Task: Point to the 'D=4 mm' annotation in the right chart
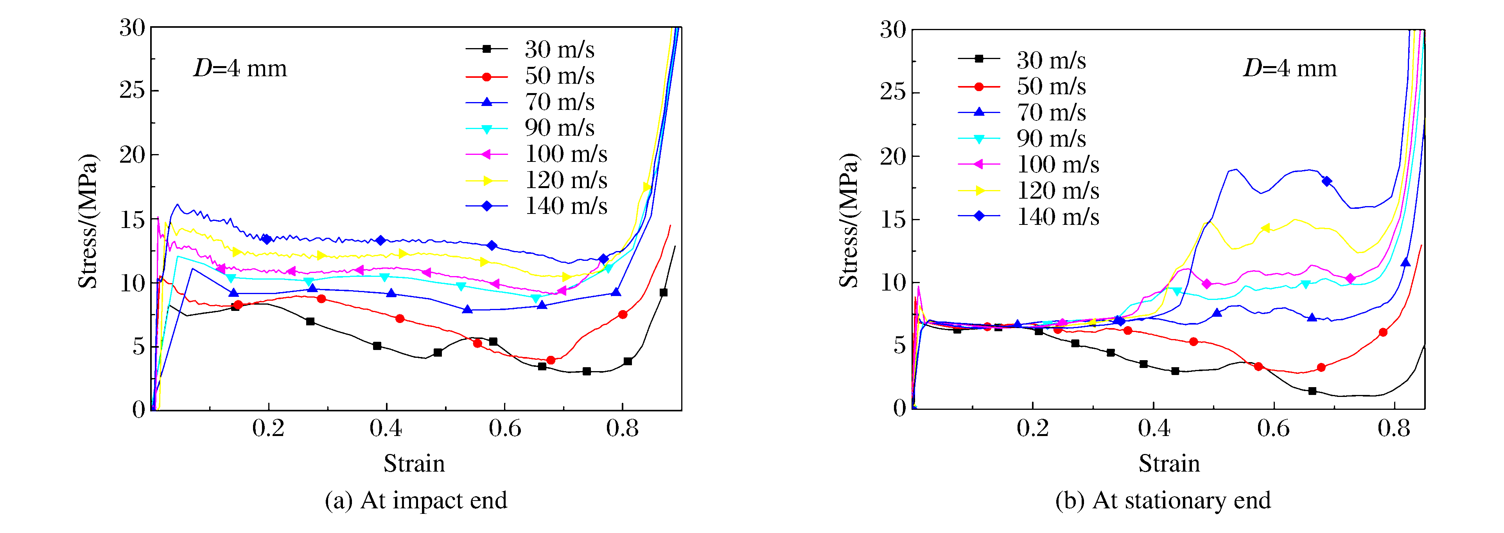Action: tap(1290, 69)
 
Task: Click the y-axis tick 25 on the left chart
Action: tap(132, 90)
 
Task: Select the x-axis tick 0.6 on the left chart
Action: tap(504, 429)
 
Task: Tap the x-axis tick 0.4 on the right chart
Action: tap(1154, 429)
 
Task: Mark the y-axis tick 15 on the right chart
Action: tap(893, 219)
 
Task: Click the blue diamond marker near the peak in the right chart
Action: tap(1327, 181)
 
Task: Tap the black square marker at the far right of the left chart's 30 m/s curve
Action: tap(663, 293)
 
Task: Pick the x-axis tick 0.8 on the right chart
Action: tap(1394, 429)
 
